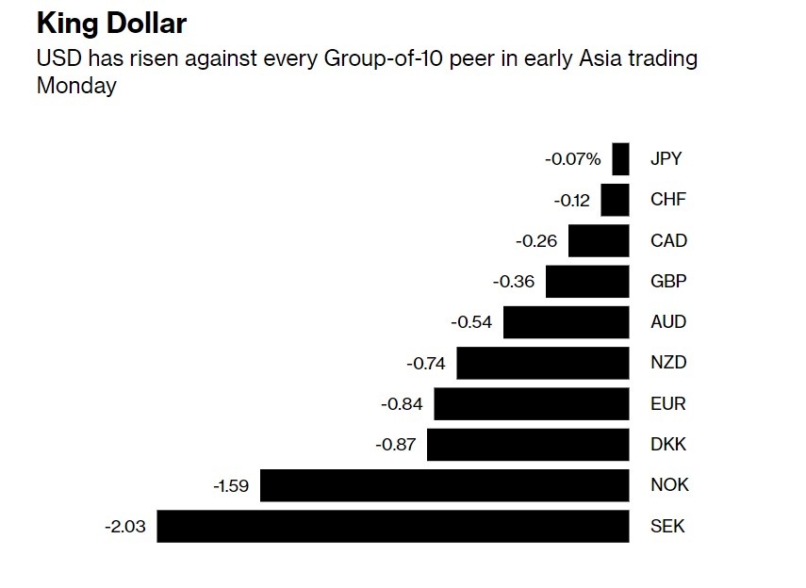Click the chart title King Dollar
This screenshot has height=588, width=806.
111,24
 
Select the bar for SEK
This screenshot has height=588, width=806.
392,526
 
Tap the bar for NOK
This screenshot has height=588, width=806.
444,485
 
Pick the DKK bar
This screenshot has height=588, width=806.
528,445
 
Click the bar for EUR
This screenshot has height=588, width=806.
531,404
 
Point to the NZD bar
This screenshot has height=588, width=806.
542,363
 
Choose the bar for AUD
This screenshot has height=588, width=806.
566,322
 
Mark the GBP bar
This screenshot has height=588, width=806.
587,281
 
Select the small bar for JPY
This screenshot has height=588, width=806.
620,159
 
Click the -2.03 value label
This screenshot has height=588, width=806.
124,527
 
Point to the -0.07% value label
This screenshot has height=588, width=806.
572,159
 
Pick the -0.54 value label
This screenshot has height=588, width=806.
471,322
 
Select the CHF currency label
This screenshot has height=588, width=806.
668,200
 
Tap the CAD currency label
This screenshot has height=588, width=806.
668,241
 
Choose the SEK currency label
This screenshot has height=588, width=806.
667,527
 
